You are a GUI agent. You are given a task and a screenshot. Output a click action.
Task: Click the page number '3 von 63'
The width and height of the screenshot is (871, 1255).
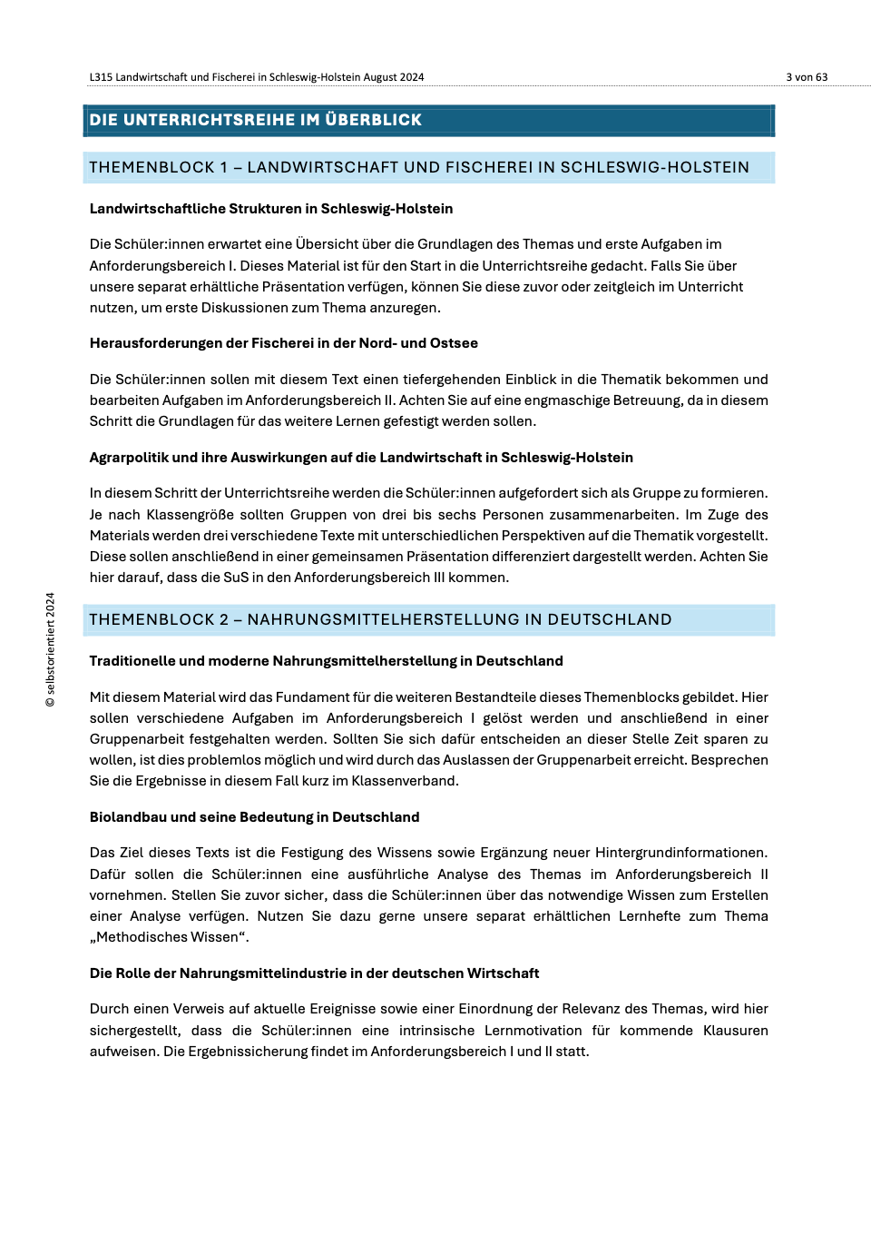[807, 77]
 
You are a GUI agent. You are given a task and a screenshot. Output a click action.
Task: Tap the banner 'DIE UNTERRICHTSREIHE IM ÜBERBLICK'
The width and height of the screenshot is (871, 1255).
[256, 120]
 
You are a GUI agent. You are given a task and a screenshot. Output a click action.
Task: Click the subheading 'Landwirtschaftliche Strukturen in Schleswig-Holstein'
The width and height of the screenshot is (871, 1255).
[270, 209]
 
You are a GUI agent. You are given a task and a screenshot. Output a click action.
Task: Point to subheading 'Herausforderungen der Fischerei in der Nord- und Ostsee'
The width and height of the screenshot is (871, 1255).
[283, 343]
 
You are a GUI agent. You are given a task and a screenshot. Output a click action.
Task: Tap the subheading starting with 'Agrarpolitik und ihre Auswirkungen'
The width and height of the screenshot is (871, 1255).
[361, 458]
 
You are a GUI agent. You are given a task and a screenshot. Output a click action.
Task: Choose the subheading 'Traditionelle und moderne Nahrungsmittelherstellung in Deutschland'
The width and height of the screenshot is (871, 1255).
[326, 661]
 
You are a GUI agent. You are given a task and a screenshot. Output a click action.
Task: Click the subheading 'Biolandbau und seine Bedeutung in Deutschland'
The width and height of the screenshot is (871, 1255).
[254, 817]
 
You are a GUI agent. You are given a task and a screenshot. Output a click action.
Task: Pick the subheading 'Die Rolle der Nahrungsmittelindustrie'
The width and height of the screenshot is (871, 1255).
[314, 973]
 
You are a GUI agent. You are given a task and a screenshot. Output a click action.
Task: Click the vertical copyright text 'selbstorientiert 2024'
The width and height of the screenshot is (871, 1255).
[51, 649]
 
